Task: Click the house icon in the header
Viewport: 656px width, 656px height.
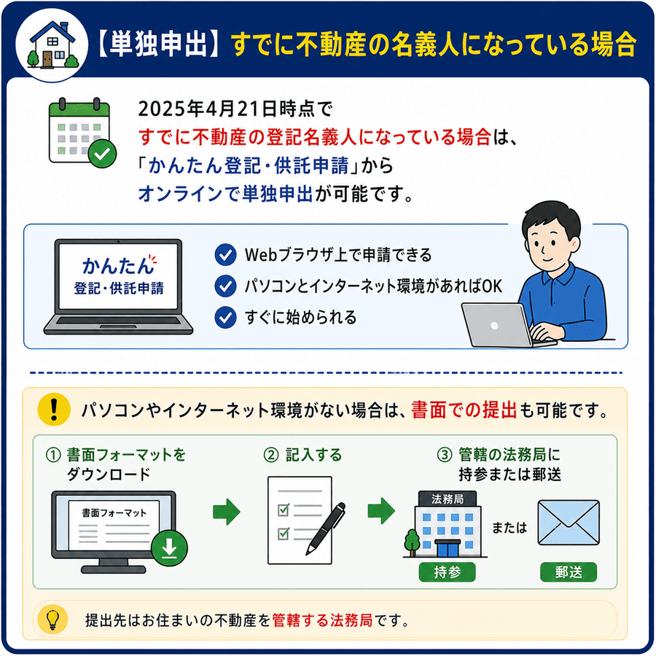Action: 52,44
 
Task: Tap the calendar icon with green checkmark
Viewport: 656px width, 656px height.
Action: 82,133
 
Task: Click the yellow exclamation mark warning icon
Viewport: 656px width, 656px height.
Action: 53,410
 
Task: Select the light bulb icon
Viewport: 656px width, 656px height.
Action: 52,620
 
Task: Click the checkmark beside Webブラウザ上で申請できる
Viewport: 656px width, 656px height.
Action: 225,255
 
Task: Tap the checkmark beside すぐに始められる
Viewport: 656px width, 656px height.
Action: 225,318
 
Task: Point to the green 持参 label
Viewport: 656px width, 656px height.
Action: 448,572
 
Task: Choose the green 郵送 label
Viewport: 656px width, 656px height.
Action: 569,572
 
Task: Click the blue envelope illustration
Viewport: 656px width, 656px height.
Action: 569,523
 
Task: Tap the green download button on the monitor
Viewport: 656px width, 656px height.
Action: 169,548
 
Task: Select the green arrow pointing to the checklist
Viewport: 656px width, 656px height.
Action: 227,511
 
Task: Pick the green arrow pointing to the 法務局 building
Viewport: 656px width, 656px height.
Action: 381,510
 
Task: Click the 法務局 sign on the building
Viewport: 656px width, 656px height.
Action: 448,499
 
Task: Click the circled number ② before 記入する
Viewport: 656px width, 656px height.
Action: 271,455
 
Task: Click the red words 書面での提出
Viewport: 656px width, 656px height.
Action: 464,410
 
